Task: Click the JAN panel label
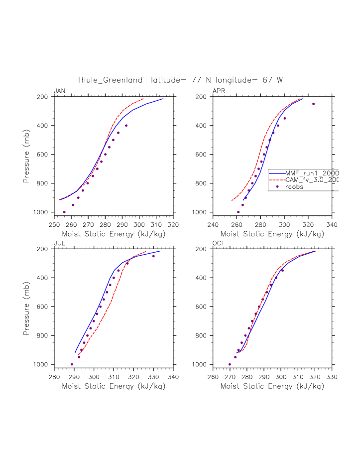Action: pos(59,91)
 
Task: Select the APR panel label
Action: pos(218,91)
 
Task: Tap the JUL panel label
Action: pos(59,243)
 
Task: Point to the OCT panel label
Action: pos(219,243)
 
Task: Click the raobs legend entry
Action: pos(294,187)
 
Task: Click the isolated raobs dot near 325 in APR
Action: pos(313,104)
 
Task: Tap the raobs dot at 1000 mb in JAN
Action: pos(64,212)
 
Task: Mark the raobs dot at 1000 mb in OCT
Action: pos(230,364)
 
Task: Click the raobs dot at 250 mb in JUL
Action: pos(153,256)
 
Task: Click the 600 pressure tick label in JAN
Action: pos(42,155)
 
